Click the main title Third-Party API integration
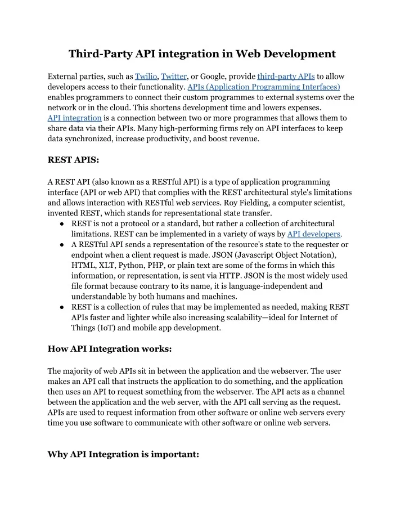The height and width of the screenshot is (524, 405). (x=202, y=54)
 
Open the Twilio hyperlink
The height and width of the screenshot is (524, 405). (x=146, y=77)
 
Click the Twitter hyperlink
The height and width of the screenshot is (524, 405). (x=174, y=77)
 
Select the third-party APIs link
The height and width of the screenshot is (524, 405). (x=286, y=77)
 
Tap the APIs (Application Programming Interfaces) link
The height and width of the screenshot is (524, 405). (x=263, y=87)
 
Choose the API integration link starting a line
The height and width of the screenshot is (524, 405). (x=74, y=118)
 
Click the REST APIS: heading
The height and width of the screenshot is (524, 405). (x=73, y=160)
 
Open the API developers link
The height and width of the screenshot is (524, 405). (x=314, y=234)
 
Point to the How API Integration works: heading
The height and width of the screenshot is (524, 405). (x=110, y=348)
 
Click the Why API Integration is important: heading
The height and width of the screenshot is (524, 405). (x=123, y=454)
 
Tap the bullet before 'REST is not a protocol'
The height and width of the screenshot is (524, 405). (x=60, y=224)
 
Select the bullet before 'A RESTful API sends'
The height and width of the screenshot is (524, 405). (x=60, y=245)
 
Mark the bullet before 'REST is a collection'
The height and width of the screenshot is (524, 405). (x=60, y=307)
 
